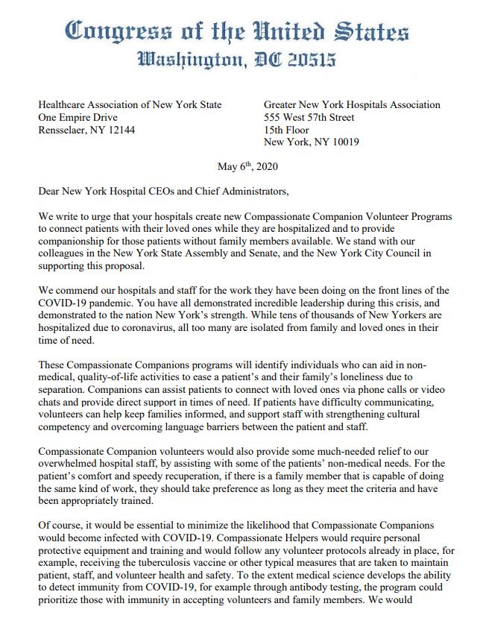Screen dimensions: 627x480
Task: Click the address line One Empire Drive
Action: click(x=78, y=117)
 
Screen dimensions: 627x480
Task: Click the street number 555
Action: click(x=274, y=117)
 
